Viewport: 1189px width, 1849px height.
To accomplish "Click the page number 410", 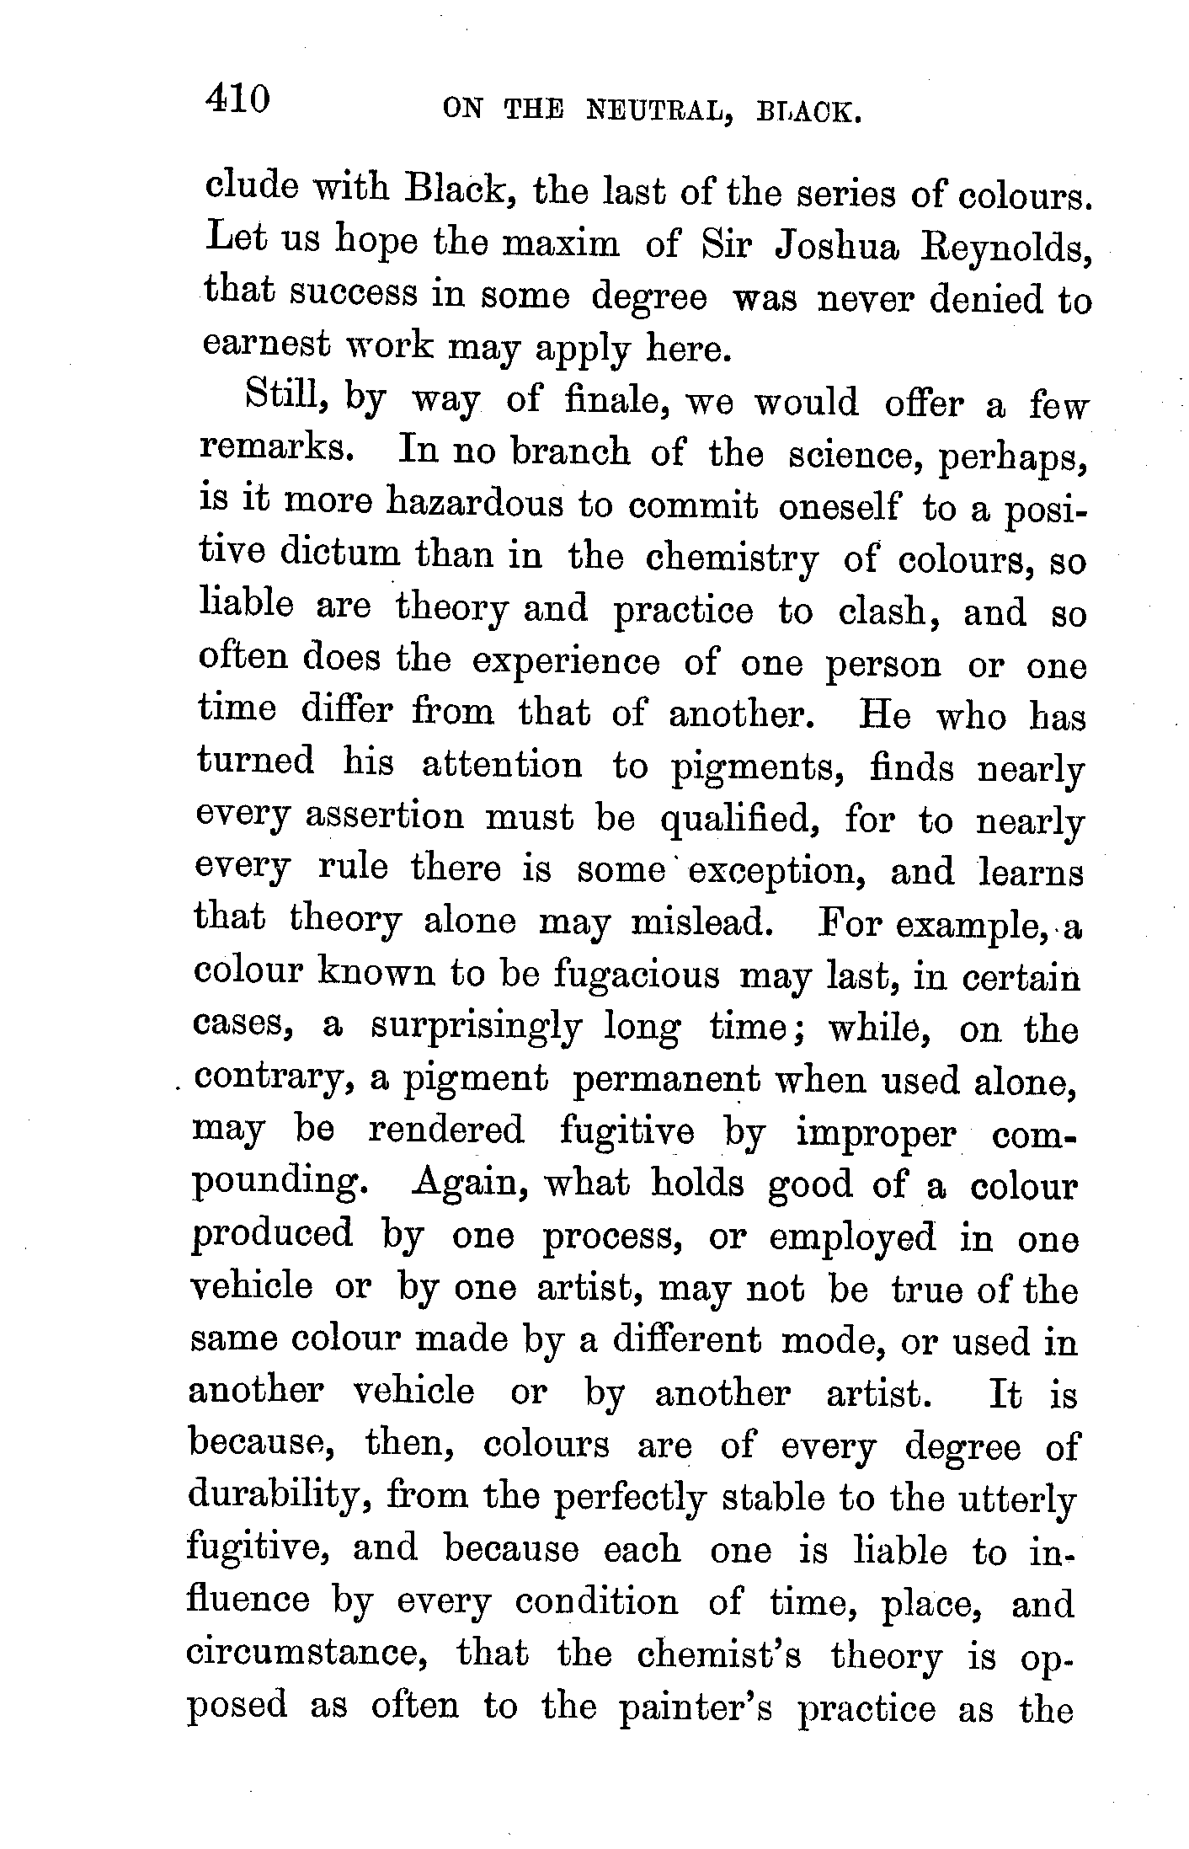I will tap(237, 100).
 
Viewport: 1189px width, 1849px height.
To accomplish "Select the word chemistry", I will tap(730, 559).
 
